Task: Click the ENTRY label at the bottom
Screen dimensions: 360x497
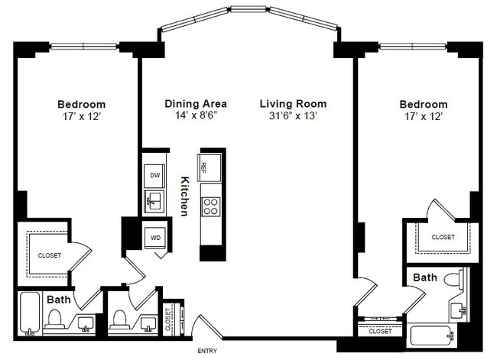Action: [207, 351]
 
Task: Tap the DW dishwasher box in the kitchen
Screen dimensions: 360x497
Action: [154, 176]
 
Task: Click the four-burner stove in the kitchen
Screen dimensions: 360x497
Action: [210, 205]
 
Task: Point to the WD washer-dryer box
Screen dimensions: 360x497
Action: [155, 238]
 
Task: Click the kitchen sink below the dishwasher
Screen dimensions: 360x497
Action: [154, 202]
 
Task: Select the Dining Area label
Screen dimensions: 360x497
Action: [191, 103]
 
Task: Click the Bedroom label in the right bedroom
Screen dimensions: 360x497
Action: [423, 104]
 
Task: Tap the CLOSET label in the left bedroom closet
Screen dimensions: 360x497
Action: [50, 255]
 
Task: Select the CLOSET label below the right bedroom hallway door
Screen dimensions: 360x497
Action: [380, 332]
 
